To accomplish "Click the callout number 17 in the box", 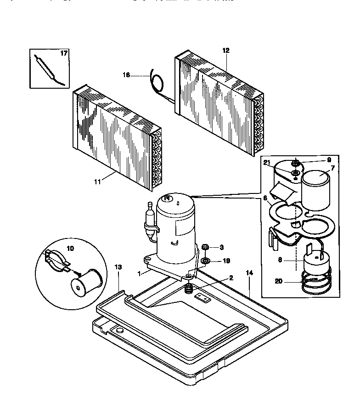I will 64,53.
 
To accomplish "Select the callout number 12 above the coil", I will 226,50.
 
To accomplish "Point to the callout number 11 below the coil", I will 97,182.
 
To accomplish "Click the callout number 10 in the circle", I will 70,248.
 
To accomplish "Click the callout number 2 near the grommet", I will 231,278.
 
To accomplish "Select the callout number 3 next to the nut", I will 222,247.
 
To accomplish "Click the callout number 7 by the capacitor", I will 333,168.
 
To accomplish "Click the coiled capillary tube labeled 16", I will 157,83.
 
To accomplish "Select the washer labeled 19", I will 206,261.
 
